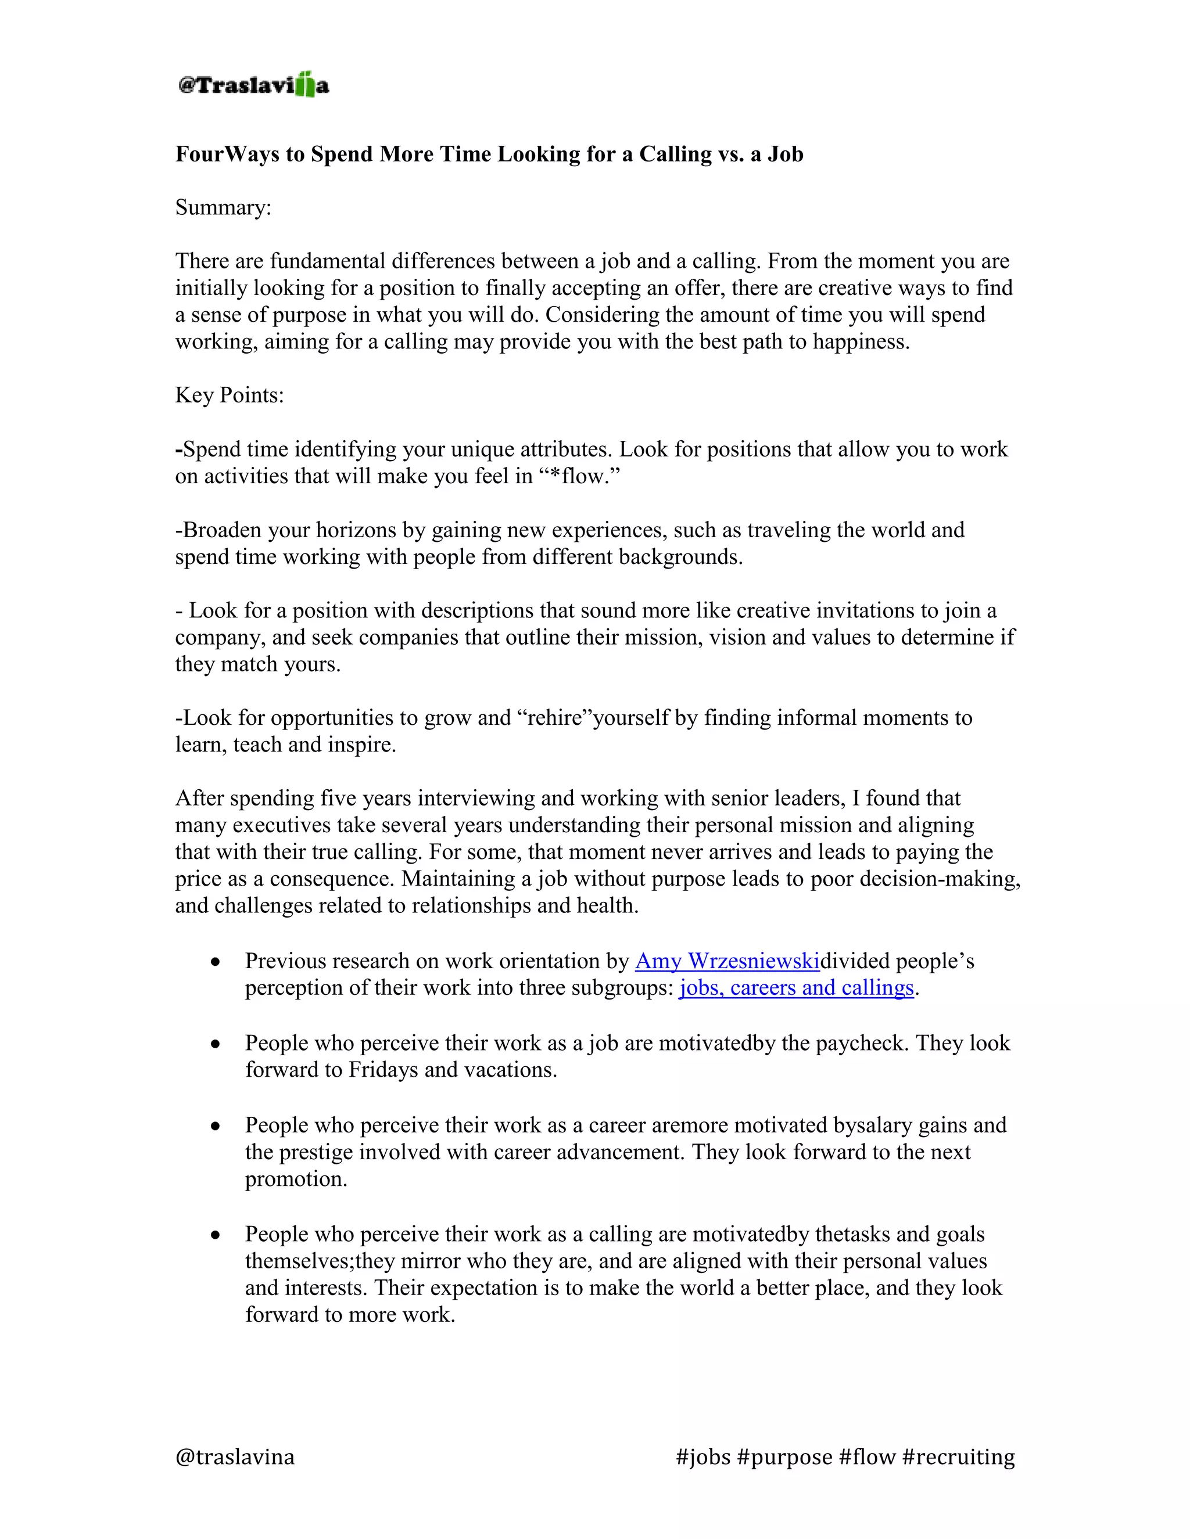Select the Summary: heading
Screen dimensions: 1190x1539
223,208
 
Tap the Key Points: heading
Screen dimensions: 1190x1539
229,395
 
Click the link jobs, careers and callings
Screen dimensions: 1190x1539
796,988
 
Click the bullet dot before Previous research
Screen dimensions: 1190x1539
216,962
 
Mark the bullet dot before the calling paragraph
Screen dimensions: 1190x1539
216,1235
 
